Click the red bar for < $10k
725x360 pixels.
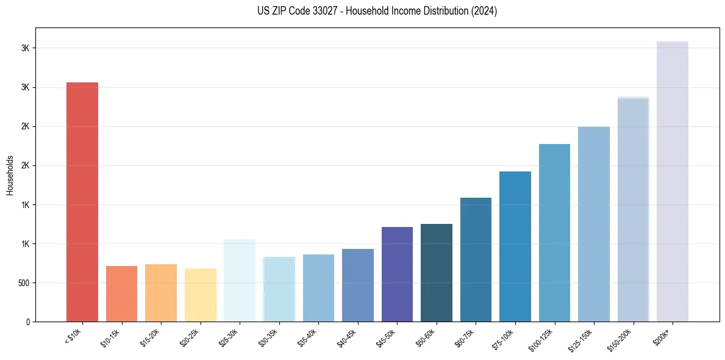coord(82,201)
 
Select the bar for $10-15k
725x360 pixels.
coord(121,293)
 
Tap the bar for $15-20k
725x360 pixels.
coord(161,293)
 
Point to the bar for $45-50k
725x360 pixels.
coord(397,274)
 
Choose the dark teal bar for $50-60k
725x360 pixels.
coord(437,273)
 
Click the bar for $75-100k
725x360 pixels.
coord(515,247)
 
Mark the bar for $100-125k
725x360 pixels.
coord(554,232)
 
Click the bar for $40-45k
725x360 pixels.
coord(358,285)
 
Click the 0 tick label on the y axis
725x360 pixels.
coord(27,322)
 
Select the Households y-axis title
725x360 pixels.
coord(10,175)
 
